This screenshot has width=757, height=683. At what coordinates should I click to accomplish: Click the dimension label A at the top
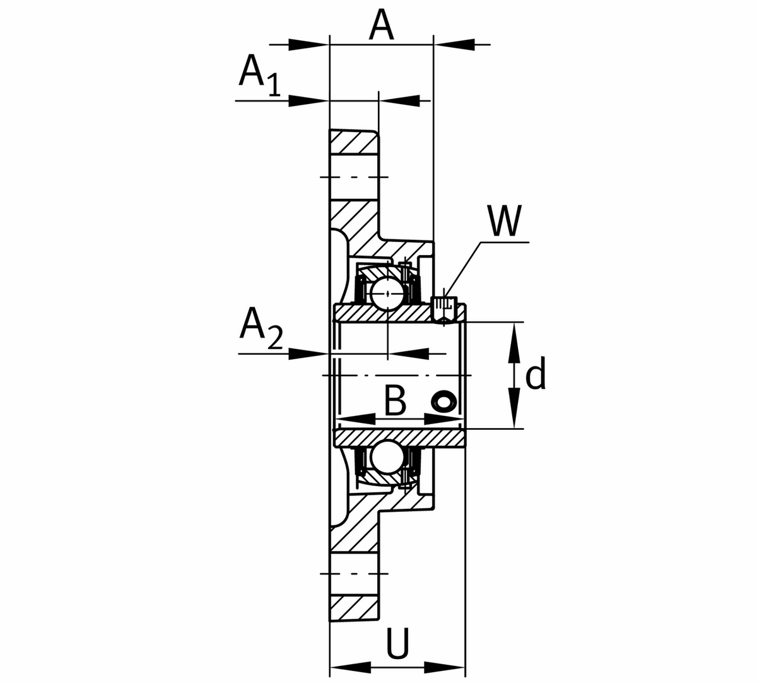(382, 25)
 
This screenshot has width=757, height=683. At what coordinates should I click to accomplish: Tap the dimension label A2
(260, 330)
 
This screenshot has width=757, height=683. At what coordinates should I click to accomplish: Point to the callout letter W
(505, 221)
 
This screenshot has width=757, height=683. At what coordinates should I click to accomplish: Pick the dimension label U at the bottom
(398, 644)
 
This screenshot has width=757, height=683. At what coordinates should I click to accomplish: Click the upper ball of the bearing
(387, 292)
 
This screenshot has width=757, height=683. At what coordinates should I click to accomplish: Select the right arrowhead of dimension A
(454, 44)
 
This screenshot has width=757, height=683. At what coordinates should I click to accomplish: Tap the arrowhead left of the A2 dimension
(309, 353)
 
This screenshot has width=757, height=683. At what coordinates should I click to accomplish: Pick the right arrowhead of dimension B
(444, 419)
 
